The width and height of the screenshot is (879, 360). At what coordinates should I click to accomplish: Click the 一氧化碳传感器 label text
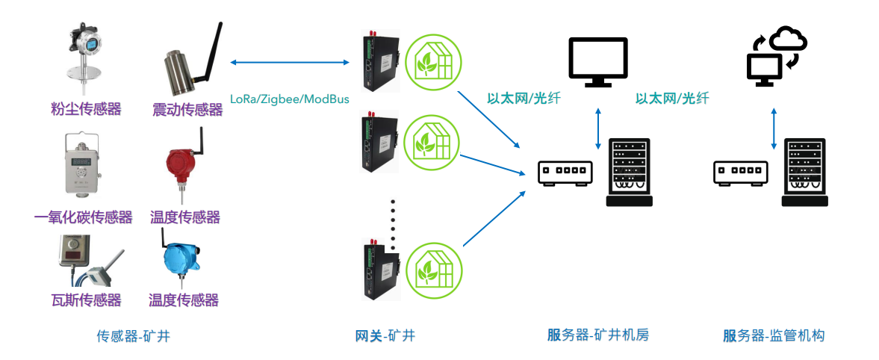pyautogui.click(x=84, y=217)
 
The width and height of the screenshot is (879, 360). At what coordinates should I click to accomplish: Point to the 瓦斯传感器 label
pyautogui.click(x=86, y=300)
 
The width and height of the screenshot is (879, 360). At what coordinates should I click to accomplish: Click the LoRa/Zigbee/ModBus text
pyautogui.click(x=289, y=99)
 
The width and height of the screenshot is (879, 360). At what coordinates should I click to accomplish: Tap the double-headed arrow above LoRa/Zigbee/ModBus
pyautogui.click(x=291, y=62)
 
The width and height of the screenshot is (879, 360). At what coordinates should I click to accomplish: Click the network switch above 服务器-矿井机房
pyautogui.click(x=565, y=173)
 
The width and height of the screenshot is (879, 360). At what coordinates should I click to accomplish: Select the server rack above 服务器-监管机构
pyautogui.click(x=804, y=173)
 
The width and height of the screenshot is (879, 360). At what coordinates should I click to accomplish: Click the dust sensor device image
pyautogui.click(x=84, y=57)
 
